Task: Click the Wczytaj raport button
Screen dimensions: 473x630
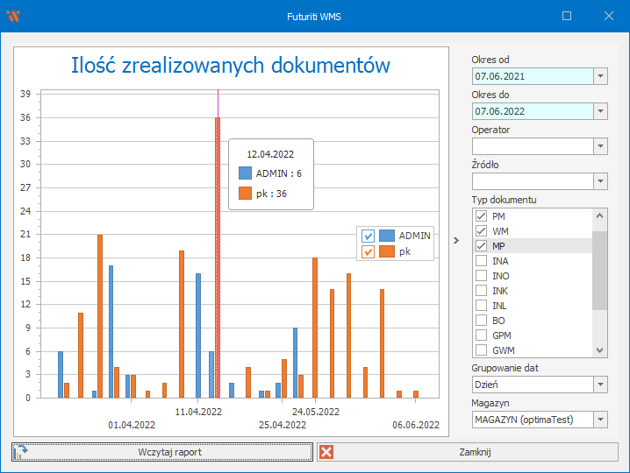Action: (162, 452)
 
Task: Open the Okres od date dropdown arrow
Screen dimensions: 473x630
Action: (600, 76)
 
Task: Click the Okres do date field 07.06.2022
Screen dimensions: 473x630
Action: (532, 111)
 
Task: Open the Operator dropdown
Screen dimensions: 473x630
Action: (600, 146)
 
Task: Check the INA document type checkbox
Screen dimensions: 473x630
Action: (481, 261)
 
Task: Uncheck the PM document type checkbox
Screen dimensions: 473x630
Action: (481, 216)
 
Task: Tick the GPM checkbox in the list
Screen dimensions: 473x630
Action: (481, 335)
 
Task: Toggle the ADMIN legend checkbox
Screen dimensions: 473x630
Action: (369, 236)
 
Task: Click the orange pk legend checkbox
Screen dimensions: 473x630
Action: (369, 252)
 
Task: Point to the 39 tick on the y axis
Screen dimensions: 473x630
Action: (25, 94)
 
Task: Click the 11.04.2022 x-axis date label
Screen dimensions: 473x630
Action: (198, 411)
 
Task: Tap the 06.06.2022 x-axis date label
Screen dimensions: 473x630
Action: (416, 425)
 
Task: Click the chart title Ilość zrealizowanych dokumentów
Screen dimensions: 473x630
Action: (230, 66)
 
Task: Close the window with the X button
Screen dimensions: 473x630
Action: (609, 16)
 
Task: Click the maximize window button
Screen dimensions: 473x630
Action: (567, 16)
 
